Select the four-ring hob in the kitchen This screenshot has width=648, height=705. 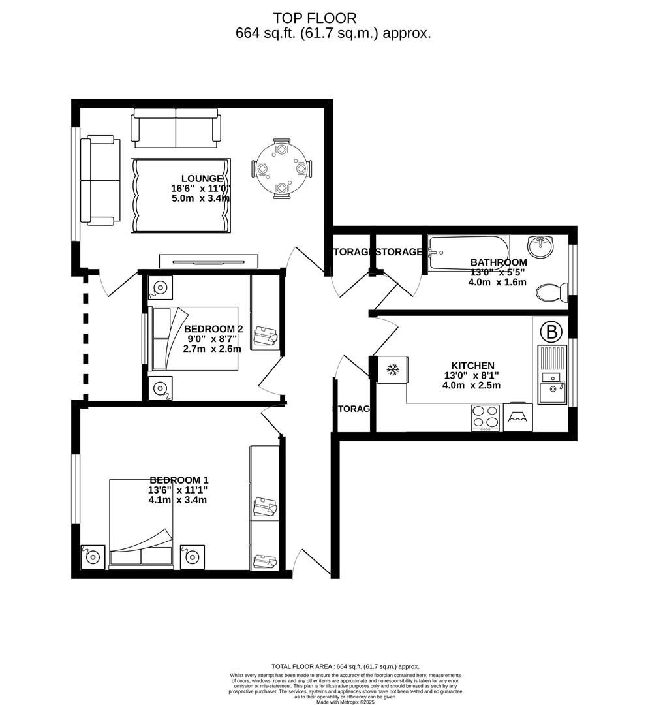pyautogui.click(x=485, y=418)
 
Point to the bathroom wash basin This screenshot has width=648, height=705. pyautogui.click(x=540, y=247)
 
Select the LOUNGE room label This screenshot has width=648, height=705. pyautogui.click(x=202, y=179)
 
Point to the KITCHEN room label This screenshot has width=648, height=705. pyautogui.click(x=472, y=366)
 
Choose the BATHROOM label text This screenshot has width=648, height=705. pyautogui.click(x=498, y=262)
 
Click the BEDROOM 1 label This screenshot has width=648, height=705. pyautogui.click(x=179, y=480)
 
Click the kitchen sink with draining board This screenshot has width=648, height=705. pyautogui.click(x=552, y=376)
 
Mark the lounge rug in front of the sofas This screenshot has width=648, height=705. pyautogui.click(x=180, y=195)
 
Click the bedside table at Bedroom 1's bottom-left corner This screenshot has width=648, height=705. pyautogui.click(x=93, y=557)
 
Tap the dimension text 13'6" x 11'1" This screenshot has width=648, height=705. pyautogui.click(x=177, y=490)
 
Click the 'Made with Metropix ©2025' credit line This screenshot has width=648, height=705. pyautogui.click(x=347, y=702)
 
